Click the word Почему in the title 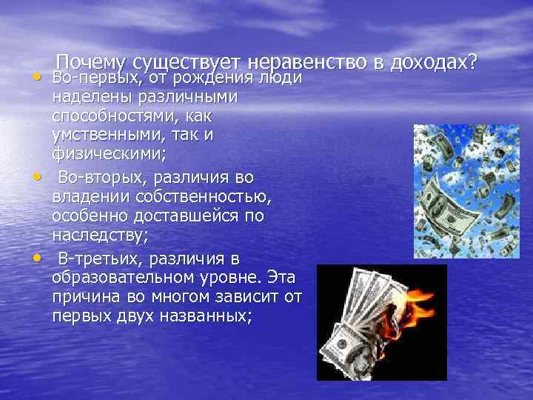click(92, 64)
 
